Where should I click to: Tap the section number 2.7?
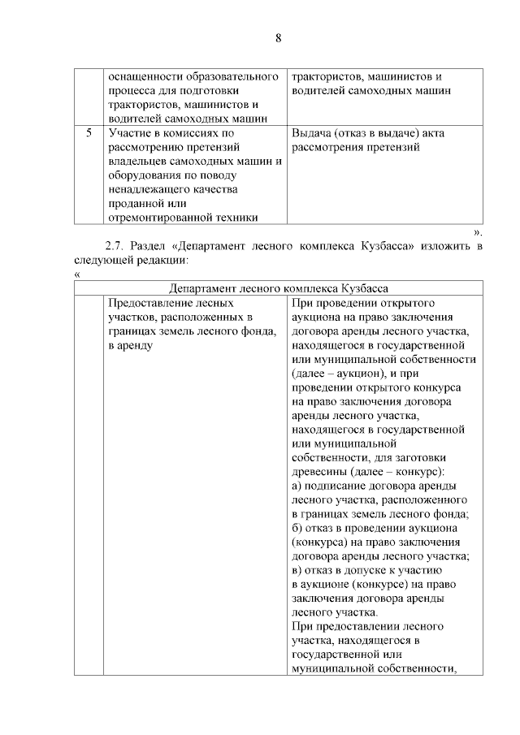point(117,246)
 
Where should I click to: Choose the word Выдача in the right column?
point(310,132)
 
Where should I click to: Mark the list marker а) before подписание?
point(297,486)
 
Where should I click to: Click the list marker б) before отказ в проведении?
point(297,528)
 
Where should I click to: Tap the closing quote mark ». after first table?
point(478,232)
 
